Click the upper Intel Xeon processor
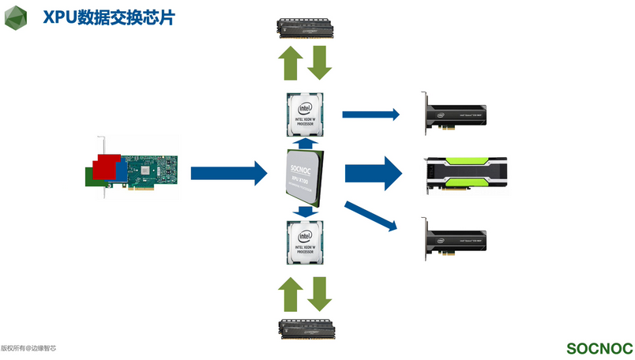pyautogui.click(x=306, y=114)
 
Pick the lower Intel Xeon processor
pyautogui.click(x=306, y=242)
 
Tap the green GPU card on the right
pyautogui.click(x=466, y=173)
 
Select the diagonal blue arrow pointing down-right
pyautogui.click(x=370, y=216)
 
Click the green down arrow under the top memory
pyautogui.click(x=320, y=64)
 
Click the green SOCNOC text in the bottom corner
pyautogui.click(x=599, y=348)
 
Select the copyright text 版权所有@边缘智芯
pyautogui.click(x=28, y=347)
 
